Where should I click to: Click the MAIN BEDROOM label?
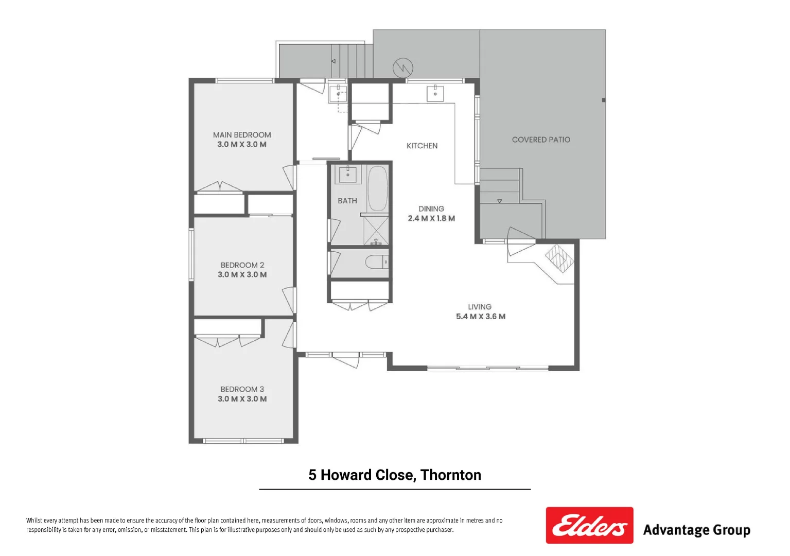click(242, 135)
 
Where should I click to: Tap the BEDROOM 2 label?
click(242, 265)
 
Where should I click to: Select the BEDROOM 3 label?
click(242, 389)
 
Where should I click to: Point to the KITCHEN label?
click(422, 146)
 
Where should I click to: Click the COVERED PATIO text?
click(541, 140)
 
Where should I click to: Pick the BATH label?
click(347, 201)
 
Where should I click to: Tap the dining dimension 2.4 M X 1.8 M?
click(431, 218)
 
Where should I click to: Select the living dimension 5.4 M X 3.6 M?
click(481, 317)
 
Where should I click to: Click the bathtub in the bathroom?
click(378, 188)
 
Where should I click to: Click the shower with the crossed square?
click(376, 230)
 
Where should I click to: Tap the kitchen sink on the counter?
click(435, 93)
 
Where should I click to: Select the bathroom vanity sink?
click(348, 173)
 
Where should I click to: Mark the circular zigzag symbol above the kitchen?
click(403, 67)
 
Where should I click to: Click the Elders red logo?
click(589, 525)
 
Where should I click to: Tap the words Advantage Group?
click(696, 530)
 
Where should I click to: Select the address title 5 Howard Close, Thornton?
click(395, 475)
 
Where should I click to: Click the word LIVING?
click(480, 307)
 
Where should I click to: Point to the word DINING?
click(431, 208)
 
